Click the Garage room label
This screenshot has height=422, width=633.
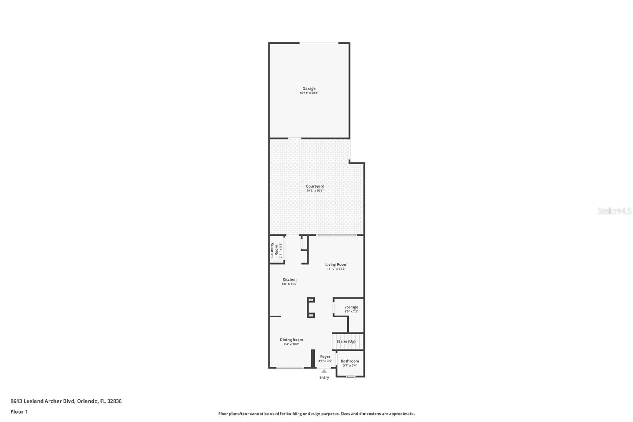coord(309,89)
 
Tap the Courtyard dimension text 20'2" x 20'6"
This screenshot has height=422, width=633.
coord(315,190)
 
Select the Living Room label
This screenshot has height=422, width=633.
coord(336,264)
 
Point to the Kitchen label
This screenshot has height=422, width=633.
coord(289,279)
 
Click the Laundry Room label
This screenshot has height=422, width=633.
coord(274,250)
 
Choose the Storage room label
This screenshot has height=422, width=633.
coord(351,307)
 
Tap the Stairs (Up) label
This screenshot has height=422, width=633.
coord(346,341)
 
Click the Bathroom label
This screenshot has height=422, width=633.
coord(350,361)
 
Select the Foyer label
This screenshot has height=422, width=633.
coord(325,357)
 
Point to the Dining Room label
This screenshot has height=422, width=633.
coord(291,340)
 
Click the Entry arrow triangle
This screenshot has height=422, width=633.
coord(324,371)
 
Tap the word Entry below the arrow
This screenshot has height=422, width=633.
coord(324,378)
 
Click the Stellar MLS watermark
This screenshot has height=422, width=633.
coord(614,211)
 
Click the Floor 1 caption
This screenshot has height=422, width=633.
coord(19,412)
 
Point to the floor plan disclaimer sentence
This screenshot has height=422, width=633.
coord(316,414)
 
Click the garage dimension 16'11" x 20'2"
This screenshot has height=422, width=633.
coord(309,93)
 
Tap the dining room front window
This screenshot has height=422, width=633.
coord(290,368)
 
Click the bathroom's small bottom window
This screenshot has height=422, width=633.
coord(350,376)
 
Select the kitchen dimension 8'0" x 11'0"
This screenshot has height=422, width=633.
coord(289,284)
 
